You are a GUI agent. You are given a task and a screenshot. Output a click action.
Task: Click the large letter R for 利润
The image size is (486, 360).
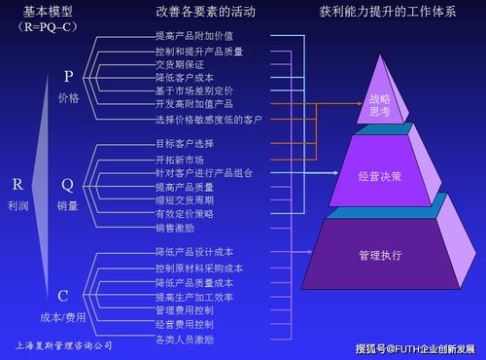(17, 183)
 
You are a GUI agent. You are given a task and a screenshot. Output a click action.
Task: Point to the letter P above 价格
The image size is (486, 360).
(68, 75)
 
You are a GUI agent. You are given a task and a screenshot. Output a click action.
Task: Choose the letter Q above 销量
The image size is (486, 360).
(67, 183)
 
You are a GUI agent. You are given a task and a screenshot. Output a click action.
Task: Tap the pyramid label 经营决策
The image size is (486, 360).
(379, 176)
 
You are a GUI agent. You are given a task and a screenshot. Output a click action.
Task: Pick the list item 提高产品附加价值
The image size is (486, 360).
(193, 35)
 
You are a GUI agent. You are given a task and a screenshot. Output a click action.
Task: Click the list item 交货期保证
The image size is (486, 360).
(181, 62)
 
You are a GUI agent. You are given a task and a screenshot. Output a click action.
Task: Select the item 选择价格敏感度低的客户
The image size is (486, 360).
(208, 119)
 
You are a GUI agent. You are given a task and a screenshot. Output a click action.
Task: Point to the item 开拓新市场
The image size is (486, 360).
(181, 159)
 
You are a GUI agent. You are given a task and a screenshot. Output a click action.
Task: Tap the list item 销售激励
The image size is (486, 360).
(175, 228)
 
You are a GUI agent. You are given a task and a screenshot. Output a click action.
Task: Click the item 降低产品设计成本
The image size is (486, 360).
(193, 253)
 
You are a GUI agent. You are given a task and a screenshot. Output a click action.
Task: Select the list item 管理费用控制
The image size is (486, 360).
(184, 310)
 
